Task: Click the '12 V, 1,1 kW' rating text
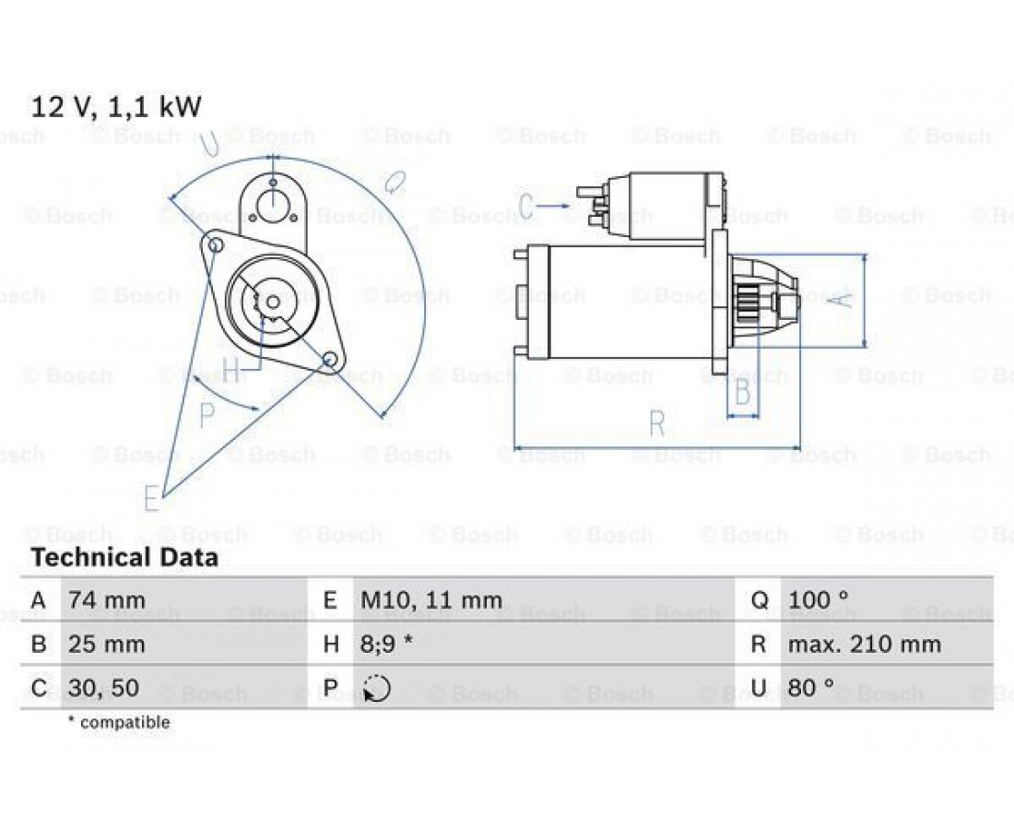116,107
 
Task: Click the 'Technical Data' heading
124,557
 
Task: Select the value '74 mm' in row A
107,599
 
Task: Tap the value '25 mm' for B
107,645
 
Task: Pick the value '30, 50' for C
103,688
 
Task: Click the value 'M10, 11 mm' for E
431,600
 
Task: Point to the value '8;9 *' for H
387,645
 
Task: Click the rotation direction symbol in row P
377,688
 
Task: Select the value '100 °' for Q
818,599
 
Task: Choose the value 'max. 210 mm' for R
864,645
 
